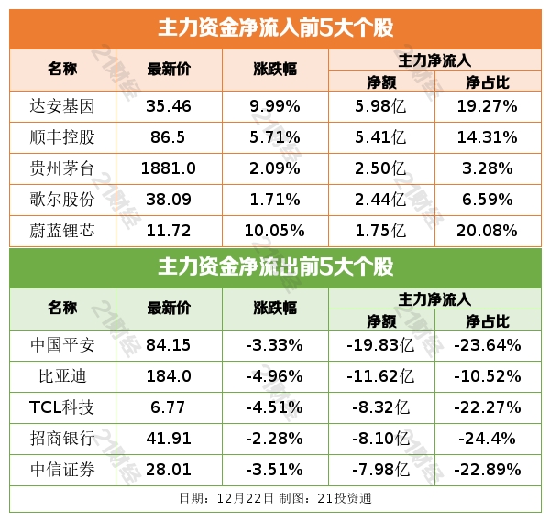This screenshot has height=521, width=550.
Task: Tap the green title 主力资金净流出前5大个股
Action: (275, 267)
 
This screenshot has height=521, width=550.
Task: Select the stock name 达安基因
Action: (62, 106)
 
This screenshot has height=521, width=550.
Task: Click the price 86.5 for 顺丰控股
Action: (169, 137)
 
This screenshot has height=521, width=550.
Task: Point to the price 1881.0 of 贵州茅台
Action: (169, 168)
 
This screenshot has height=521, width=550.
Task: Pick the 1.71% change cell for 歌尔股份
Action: (275, 200)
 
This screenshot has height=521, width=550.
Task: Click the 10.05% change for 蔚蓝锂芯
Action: (275, 231)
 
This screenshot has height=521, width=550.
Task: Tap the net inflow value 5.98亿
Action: (381, 106)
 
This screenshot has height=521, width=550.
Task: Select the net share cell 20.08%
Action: (488, 231)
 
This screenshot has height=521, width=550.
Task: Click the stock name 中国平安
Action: (62, 345)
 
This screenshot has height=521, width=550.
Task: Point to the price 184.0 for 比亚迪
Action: (169, 376)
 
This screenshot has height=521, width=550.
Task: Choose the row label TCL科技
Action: (62, 407)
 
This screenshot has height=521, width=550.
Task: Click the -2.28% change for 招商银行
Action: (275, 439)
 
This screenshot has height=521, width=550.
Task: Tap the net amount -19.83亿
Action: (381, 345)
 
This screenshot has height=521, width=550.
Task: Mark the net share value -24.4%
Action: (488, 439)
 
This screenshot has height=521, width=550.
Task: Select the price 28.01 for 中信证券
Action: (169, 470)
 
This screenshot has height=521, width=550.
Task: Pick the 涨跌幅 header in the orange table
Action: (275, 69)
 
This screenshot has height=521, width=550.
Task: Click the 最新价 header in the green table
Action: (169, 308)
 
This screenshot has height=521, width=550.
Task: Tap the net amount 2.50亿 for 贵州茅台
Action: (381, 168)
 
